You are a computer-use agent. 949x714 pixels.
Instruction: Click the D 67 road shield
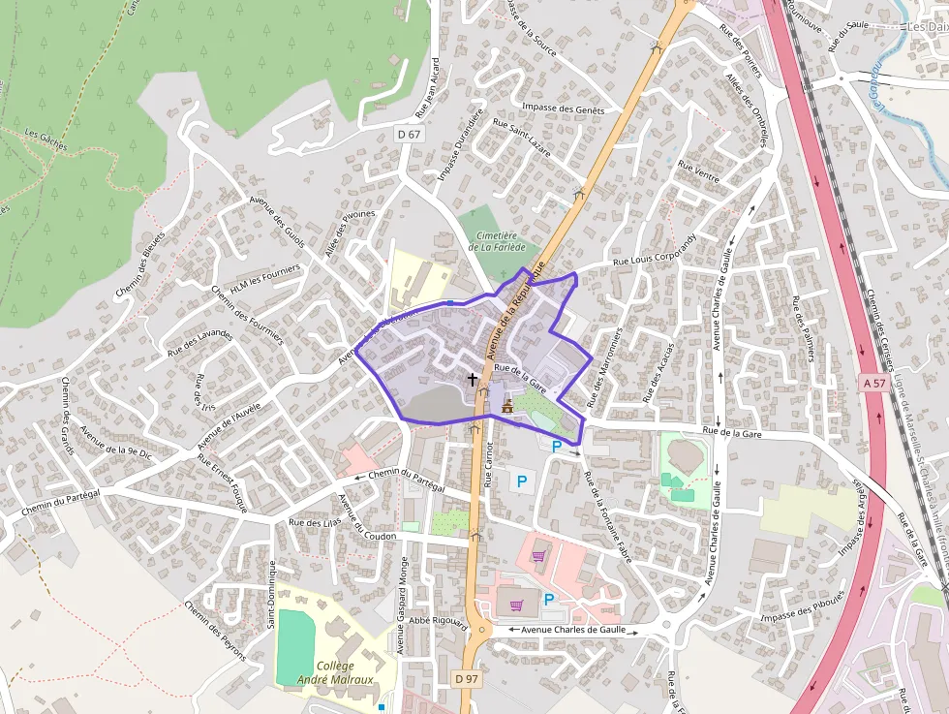(409, 134)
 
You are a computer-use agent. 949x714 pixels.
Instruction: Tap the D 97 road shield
(467, 679)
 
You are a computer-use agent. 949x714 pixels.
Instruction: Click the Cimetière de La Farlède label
(497, 241)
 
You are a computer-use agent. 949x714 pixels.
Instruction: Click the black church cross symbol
(472, 380)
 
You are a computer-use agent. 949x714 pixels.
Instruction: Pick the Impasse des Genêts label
(563, 109)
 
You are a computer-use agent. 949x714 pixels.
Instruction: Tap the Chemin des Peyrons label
(215, 631)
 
